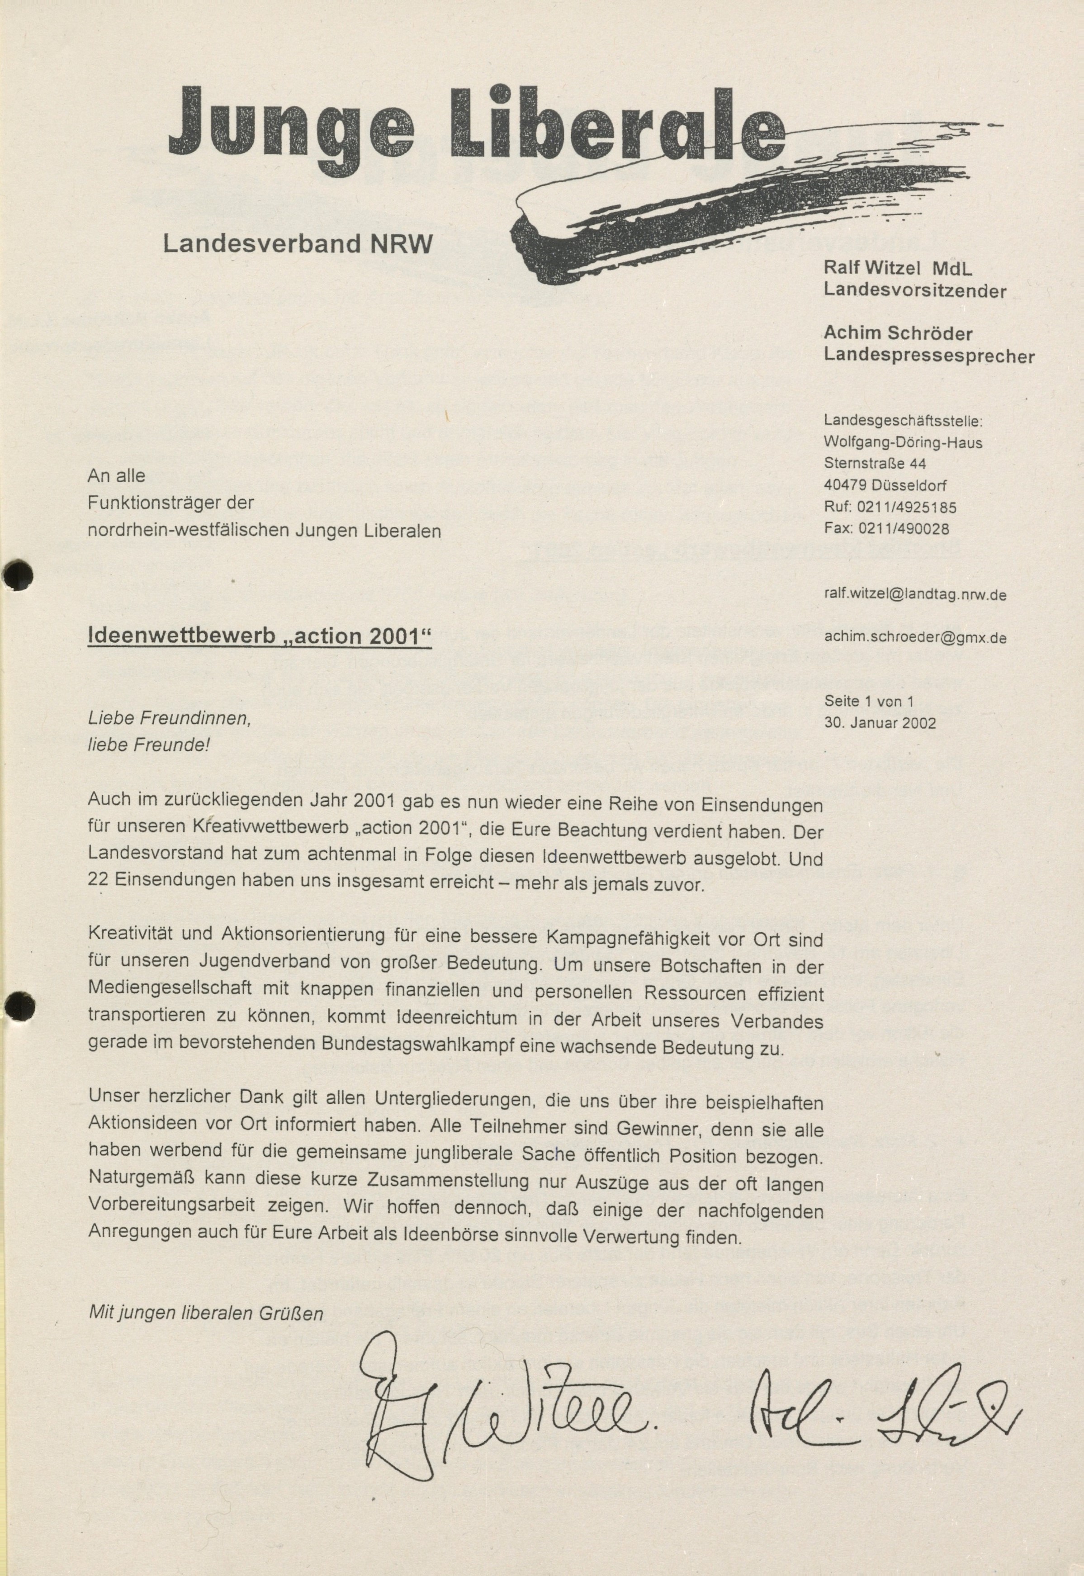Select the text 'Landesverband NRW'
(298, 244)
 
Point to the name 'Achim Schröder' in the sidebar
(898, 333)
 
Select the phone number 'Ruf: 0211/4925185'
(890, 507)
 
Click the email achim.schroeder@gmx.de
(915, 637)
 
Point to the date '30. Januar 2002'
(880, 723)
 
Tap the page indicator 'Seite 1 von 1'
(869, 701)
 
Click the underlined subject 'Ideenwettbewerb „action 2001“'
(260, 636)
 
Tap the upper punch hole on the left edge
(19, 576)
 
